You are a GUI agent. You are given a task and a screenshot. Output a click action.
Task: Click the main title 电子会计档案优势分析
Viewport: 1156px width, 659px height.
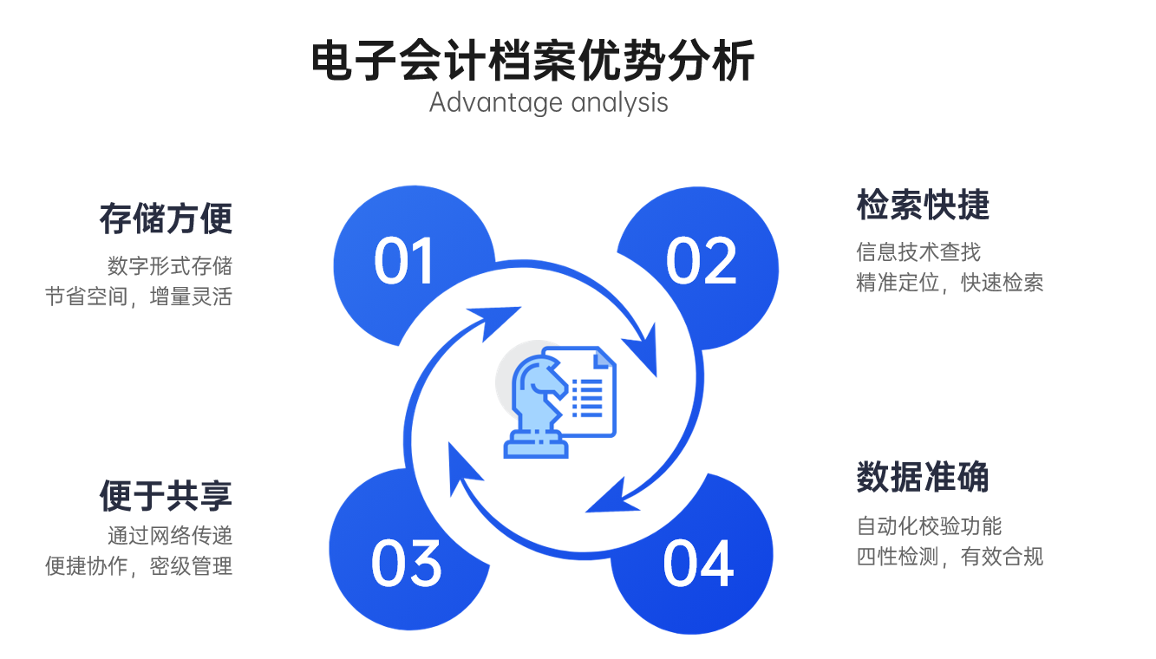click(x=533, y=61)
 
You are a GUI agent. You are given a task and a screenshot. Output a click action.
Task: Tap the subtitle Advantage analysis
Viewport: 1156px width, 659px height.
click(x=549, y=102)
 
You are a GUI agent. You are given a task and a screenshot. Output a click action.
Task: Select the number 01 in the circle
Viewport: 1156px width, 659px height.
click(x=403, y=261)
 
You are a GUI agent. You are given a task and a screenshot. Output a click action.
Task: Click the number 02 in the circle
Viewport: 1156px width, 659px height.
click(x=701, y=261)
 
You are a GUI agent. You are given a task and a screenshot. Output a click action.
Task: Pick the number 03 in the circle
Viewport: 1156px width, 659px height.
click(x=406, y=563)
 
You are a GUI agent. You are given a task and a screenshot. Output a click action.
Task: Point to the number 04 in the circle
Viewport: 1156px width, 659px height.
click(x=698, y=563)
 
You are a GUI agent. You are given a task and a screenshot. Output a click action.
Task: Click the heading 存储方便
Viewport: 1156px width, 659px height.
click(x=166, y=219)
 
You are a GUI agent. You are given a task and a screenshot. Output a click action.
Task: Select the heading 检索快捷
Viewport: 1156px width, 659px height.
click(x=923, y=205)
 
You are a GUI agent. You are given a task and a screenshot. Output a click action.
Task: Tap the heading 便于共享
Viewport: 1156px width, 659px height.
click(x=166, y=495)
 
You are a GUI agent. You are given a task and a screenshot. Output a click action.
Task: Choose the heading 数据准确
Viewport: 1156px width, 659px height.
click(x=923, y=477)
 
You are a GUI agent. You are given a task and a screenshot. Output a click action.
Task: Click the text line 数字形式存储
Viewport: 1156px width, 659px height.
click(x=170, y=265)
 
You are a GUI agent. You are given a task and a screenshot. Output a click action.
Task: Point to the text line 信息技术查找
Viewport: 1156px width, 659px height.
click(x=918, y=251)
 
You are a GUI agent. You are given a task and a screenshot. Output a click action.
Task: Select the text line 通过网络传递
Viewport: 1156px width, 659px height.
click(x=170, y=536)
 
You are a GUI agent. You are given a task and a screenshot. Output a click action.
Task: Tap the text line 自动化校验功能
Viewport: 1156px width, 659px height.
click(x=929, y=525)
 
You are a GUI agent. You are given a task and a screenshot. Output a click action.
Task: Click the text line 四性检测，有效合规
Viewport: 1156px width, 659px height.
click(x=950, y=557)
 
